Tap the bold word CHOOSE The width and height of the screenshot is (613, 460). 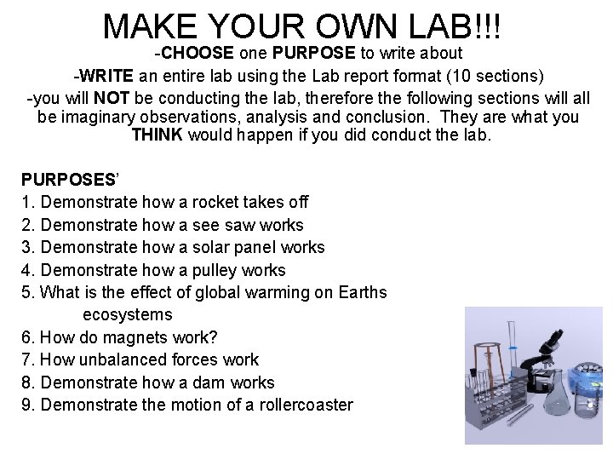pos(199,53)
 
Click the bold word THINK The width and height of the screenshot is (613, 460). pos(158,135)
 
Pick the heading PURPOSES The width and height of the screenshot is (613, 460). pos(68,180)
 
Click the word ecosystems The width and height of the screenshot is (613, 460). pos(127,315)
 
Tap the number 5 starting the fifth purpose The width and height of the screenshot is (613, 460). pos(26,293)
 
